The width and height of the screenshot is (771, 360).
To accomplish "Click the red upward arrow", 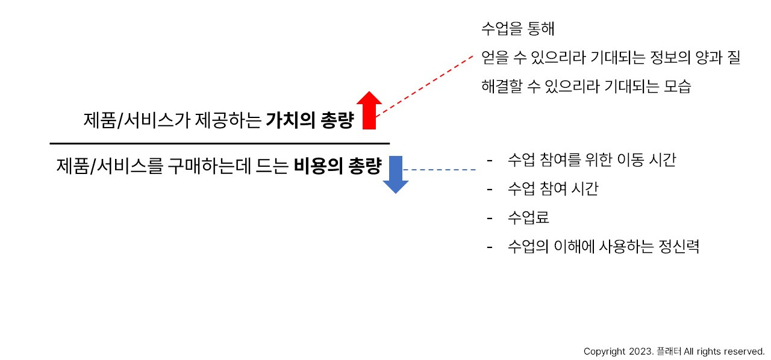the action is (370, 111).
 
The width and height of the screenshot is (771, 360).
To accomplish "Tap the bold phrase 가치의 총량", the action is (309, 120).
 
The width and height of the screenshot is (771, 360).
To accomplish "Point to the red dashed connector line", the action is (424, 84).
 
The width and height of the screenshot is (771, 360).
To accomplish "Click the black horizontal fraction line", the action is (220, 143).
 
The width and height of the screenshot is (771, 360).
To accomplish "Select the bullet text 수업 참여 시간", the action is (553, 189).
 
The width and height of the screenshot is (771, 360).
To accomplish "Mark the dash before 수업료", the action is (490, 217).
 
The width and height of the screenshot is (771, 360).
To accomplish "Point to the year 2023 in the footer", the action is (640, 351).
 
